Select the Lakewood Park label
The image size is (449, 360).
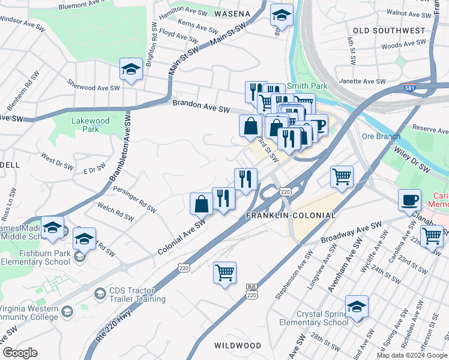[x=91, y=125]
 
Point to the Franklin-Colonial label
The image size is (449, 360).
[x=291, y=215]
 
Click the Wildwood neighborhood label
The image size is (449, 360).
[x=238, y=346]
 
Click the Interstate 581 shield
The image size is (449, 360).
[x=408, y=88]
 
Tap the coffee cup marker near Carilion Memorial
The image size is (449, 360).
[x=410, y=200]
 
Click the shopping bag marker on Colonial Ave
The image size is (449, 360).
[x=201, y=204]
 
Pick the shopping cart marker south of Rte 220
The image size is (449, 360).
[x=224, y=273]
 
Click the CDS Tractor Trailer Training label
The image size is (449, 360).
[x=137, y=295]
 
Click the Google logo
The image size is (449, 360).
[x=20, y=353]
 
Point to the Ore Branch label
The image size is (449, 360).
[x=381, y=136]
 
